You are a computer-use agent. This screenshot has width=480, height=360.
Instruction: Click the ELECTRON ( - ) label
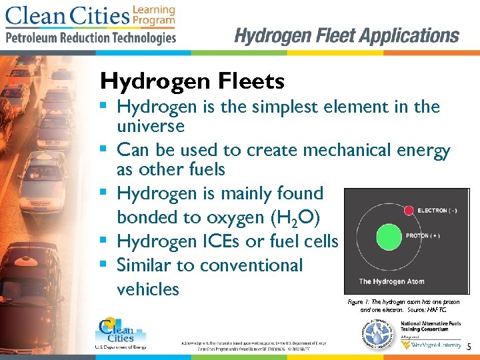[x=438, y=211]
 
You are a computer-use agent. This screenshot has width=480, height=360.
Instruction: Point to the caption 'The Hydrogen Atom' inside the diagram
[x=391, y=281]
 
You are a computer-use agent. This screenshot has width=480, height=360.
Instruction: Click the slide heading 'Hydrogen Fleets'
[x=192, y=82]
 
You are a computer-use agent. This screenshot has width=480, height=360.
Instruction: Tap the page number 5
[x=469, y=347]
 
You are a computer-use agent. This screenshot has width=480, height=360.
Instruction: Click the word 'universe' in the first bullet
[x=150, y=126]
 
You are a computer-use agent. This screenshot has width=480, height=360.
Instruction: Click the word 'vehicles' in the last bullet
[x=148, y=289]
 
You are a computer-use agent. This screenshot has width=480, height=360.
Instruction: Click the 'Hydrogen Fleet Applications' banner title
[x=347, y=35]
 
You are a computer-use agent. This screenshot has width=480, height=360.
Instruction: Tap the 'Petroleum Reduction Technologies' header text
[x=91, y=38]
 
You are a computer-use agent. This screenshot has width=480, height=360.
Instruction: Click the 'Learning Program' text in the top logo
[x=153, y=15]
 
